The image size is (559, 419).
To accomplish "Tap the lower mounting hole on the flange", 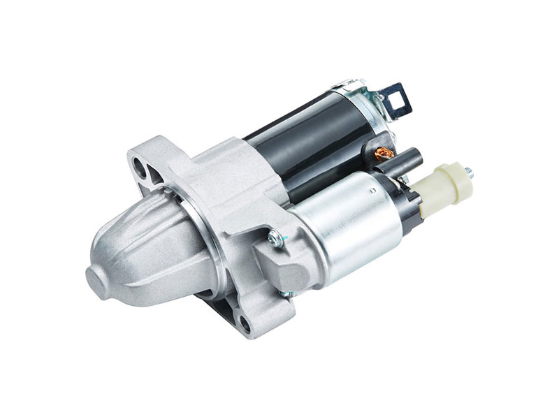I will (x=245, y=323).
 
